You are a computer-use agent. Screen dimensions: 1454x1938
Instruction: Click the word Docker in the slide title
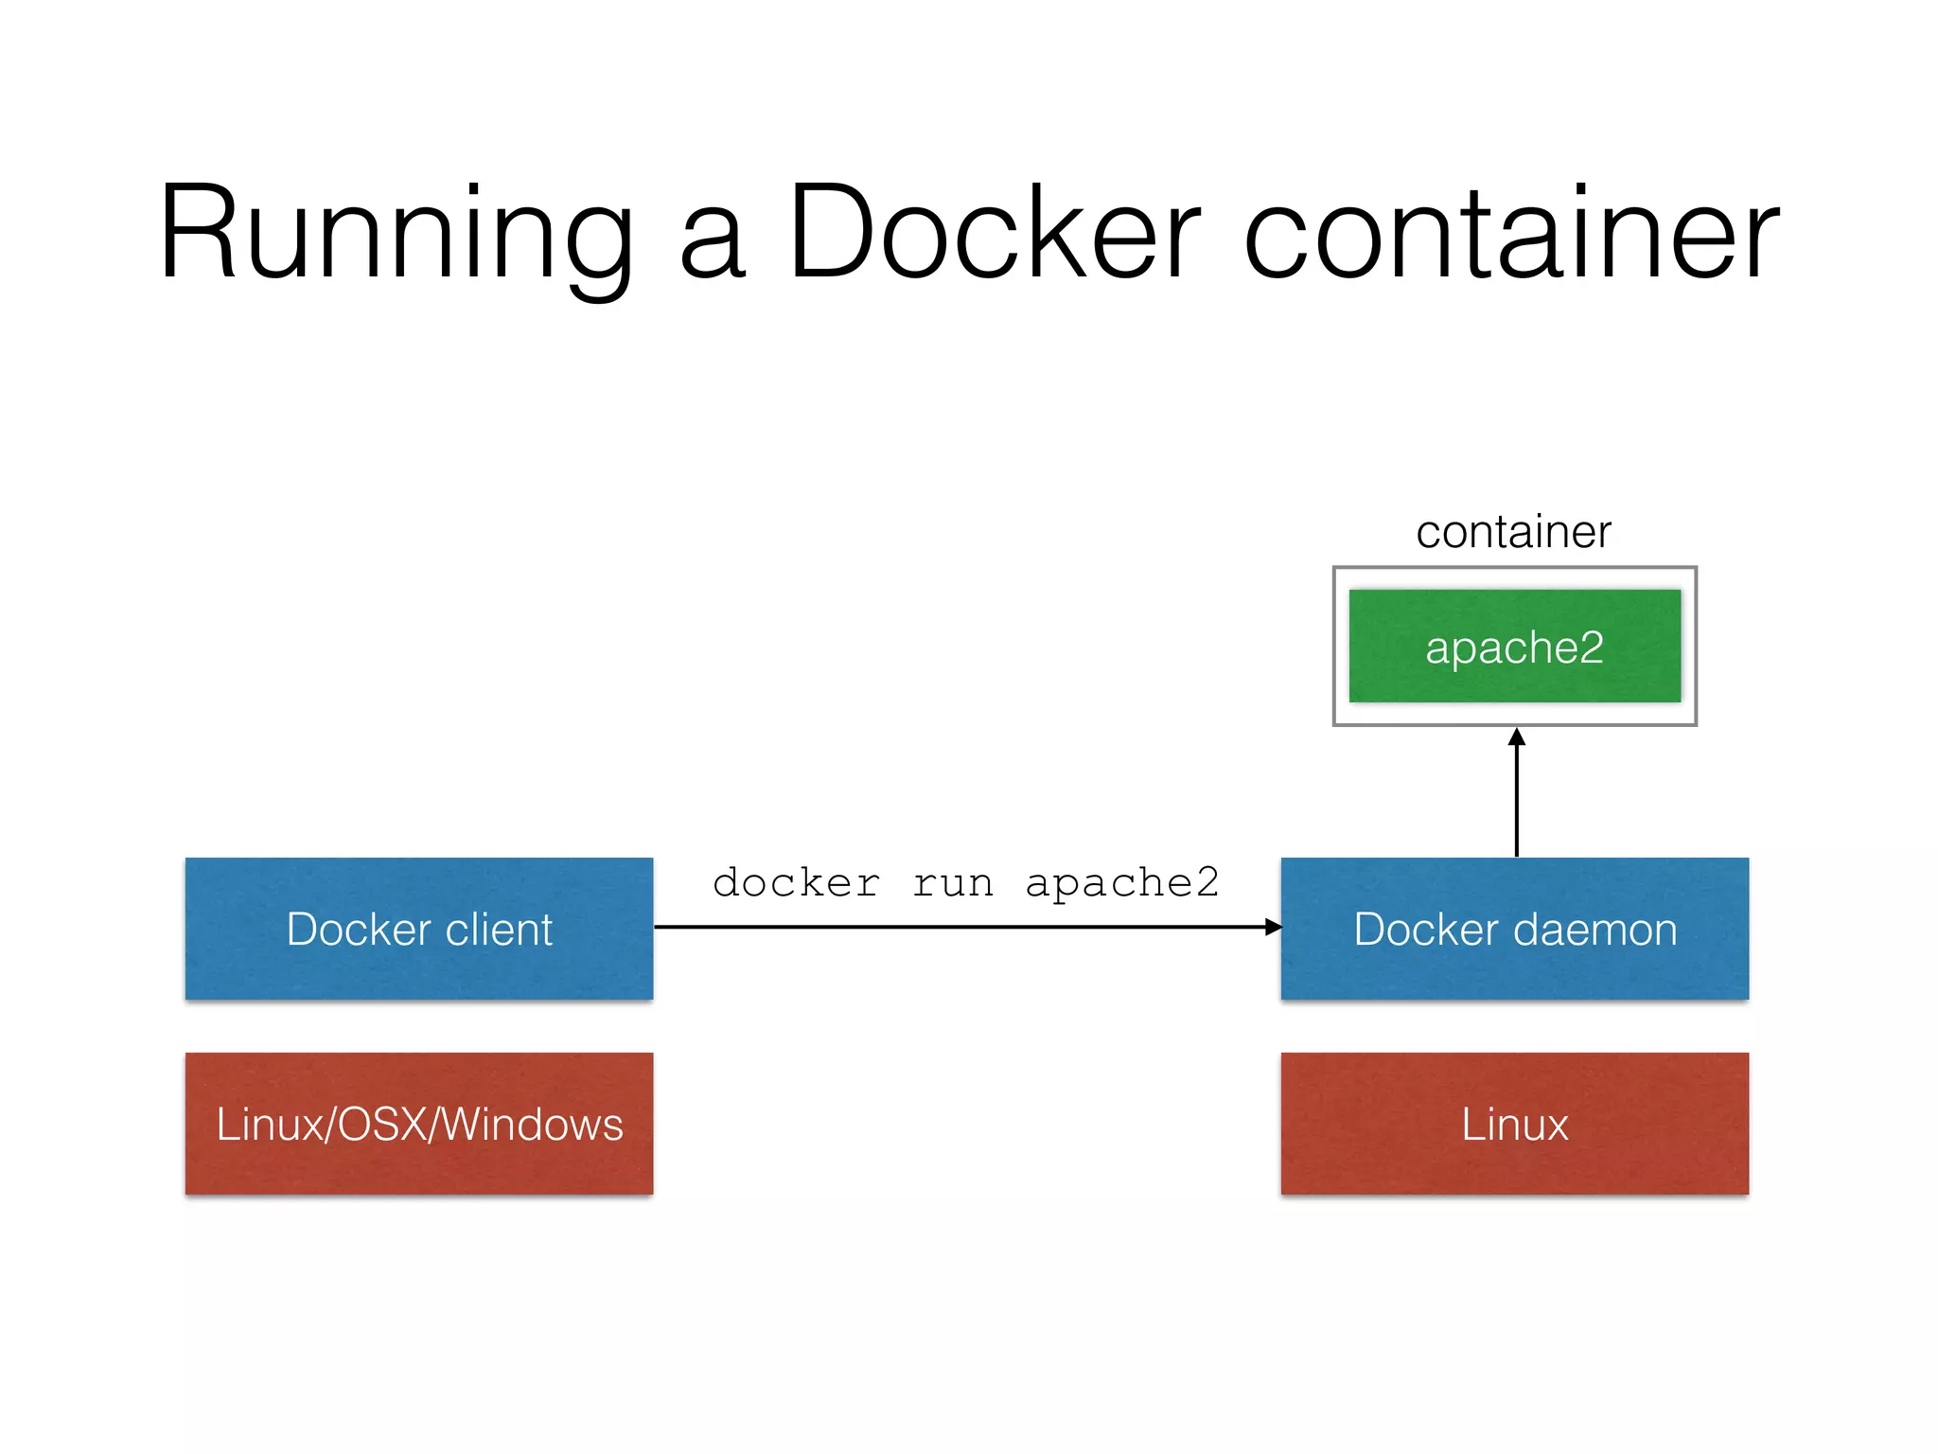[994, 233]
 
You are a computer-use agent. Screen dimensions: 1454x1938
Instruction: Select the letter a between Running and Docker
[713, 246]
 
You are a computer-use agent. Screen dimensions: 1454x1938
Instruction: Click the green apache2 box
[1514, 647]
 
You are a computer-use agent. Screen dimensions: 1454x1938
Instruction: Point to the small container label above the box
[1513, 532]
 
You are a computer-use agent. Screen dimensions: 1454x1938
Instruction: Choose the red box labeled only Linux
[1514, 1124]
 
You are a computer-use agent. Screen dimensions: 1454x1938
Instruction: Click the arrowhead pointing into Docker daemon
[1273, 927]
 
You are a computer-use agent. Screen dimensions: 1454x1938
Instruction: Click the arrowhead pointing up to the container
[1516, 737]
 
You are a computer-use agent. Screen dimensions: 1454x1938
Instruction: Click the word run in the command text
[953, 883]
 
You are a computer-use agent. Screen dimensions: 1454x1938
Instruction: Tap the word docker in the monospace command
[796, 883]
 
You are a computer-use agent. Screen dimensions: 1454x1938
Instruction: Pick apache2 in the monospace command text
[1122, 883]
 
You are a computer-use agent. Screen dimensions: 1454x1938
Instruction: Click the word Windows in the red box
[532, 1125]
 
